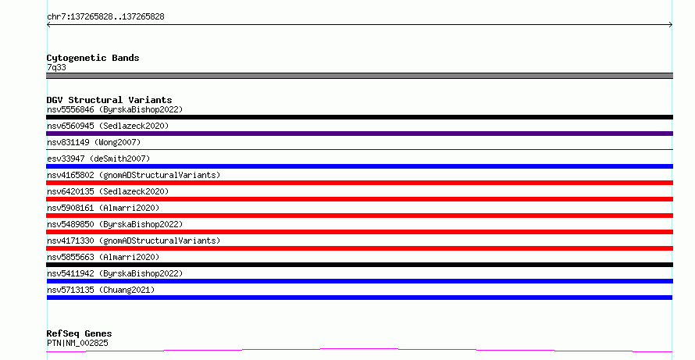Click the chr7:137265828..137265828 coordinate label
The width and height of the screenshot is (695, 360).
105,17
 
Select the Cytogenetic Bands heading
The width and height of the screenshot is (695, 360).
93,58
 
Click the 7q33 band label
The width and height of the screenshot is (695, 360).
56,67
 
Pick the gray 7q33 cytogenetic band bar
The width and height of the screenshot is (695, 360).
359,76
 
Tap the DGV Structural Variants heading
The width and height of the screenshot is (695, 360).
109,100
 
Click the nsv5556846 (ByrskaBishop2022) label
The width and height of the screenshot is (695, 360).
115,109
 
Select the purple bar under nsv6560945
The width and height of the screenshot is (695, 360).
359,134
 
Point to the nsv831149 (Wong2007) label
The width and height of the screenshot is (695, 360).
94,142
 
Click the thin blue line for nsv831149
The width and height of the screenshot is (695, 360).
359,150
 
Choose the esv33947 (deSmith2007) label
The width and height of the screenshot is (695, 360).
98,159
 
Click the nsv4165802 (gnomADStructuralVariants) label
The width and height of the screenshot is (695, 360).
134,175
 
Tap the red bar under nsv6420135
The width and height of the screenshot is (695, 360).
359,199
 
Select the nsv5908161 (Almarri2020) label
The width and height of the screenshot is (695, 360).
103,208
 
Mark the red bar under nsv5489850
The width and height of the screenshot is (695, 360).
359,232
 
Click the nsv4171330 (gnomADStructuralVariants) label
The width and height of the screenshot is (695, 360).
134,241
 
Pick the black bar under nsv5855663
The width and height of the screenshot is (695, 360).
359,265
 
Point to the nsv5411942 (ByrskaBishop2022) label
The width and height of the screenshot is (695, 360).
115,273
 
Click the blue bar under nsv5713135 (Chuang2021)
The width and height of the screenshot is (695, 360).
359,298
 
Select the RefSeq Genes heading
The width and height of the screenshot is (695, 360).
80,333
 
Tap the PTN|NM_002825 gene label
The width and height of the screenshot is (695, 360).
77,343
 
